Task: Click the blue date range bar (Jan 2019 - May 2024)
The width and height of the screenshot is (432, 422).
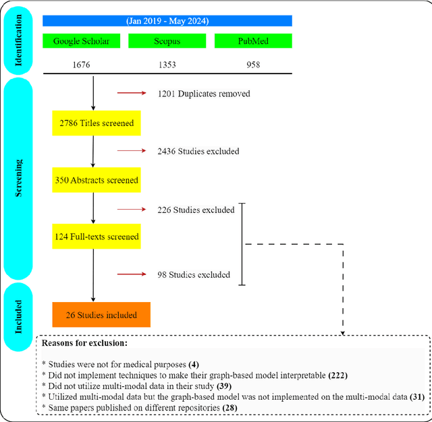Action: pos(167,21)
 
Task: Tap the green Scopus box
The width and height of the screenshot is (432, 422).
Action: pos(167,41)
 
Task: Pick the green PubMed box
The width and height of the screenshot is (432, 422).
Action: pos(253,41)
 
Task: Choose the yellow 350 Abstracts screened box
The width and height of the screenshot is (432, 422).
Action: pos(96,180)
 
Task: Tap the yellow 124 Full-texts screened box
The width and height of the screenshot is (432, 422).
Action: pos(96,237)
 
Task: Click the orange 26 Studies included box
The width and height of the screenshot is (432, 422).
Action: pos(101,315)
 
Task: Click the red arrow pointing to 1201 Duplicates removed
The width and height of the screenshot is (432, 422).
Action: pos(132,94)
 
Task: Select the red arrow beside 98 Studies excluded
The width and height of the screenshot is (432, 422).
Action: pos(132,274)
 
